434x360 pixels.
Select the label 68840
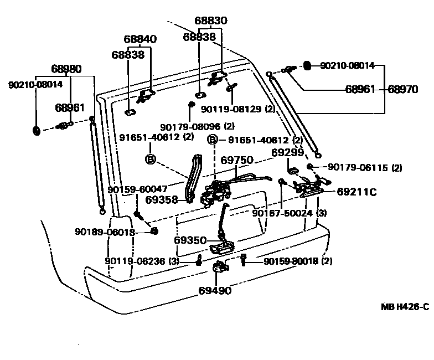139,39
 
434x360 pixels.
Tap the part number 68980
66,69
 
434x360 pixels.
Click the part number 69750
237,160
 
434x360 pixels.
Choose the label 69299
287,152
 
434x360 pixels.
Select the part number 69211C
357,192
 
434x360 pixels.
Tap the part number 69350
190,240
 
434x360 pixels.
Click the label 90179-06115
357,167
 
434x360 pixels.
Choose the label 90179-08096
190,126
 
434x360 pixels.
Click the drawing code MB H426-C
405,306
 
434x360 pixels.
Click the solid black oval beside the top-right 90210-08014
306,66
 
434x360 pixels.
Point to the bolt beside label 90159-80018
244,259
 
